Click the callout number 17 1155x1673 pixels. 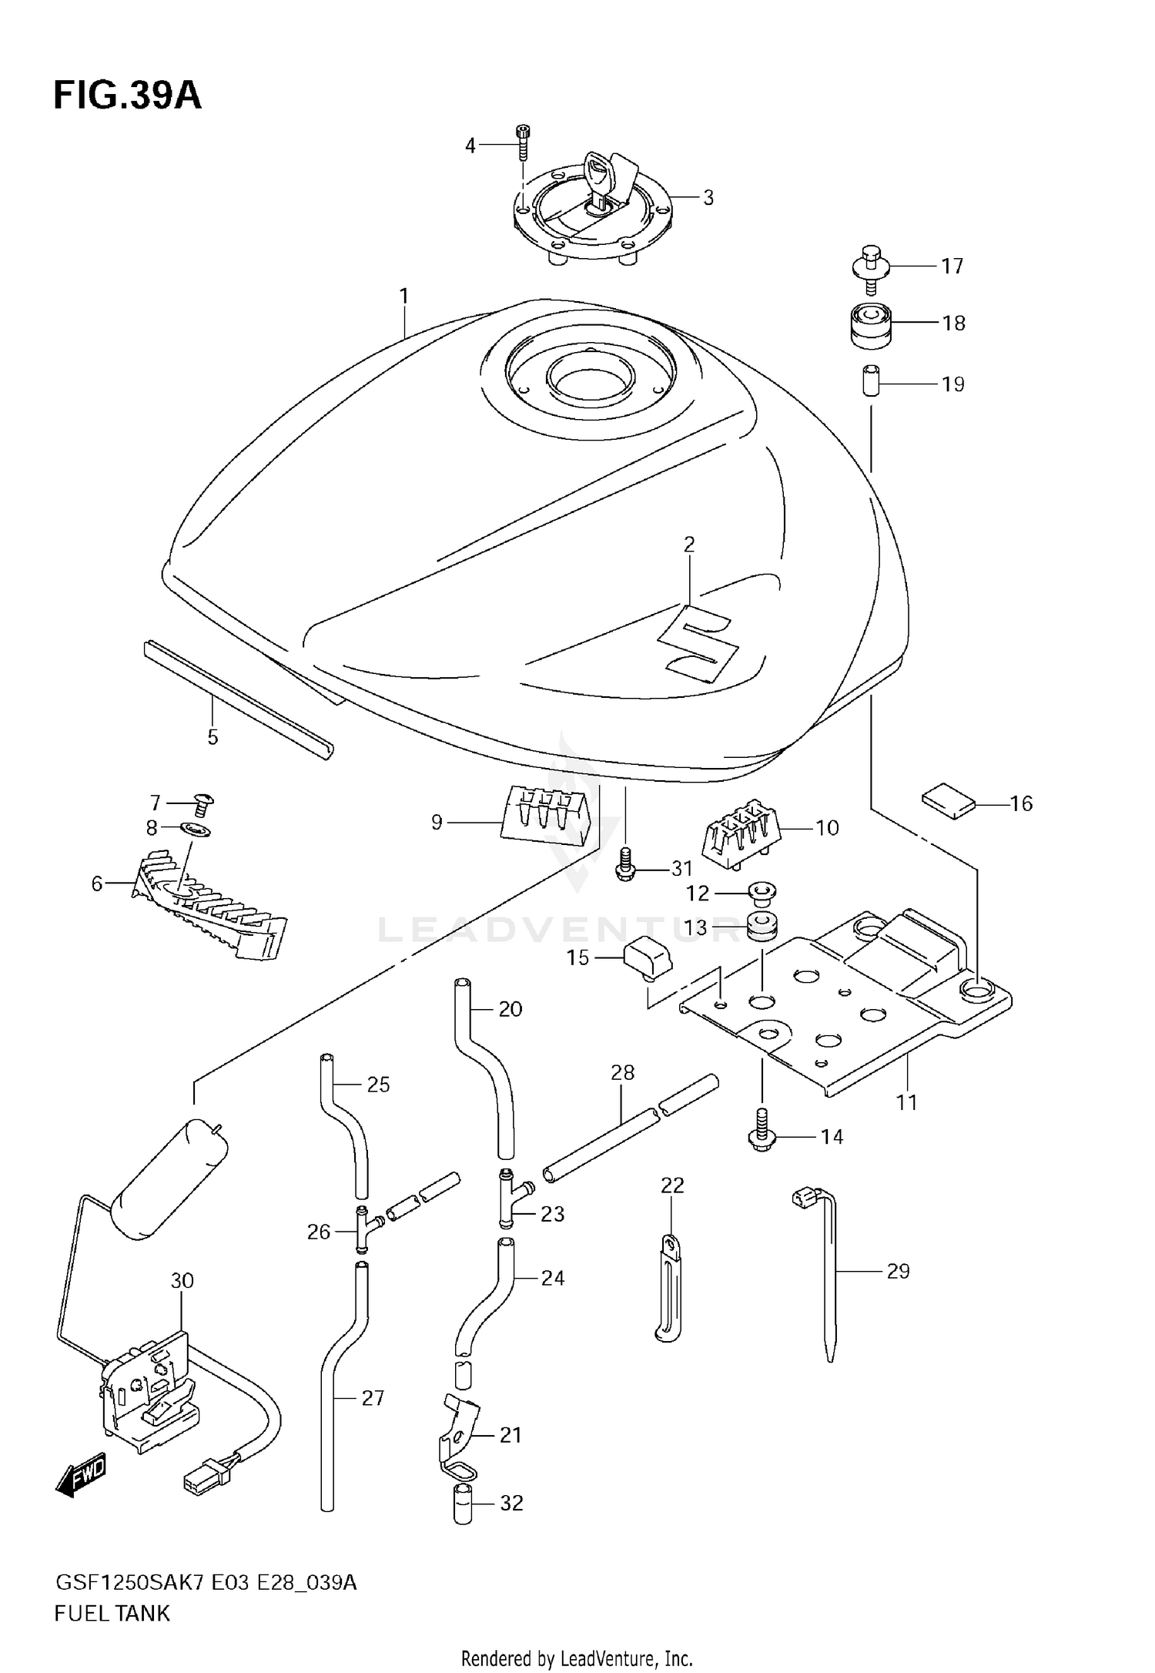click(952, 266)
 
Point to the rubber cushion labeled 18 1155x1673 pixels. click(870, 324)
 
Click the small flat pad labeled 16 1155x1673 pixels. click(949, 802)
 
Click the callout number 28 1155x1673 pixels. click(622, 1071)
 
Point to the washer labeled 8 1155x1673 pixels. click(196, 830)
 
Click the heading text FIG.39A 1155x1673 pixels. click(127, 96)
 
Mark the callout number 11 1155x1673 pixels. click(906, 1102)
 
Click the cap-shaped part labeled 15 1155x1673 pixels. click(648, 961)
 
